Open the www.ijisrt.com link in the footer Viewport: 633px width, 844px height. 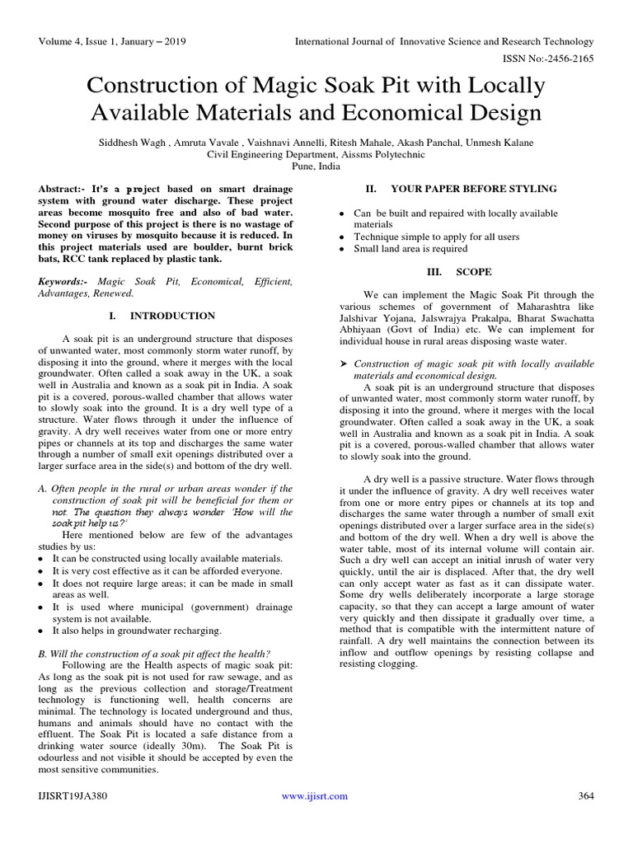315,795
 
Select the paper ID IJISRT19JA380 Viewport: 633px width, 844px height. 73,795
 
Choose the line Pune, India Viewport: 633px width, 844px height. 316,165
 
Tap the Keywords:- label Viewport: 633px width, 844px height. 65,281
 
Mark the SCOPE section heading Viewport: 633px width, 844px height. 474,271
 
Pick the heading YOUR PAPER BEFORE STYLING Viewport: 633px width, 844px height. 473,189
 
